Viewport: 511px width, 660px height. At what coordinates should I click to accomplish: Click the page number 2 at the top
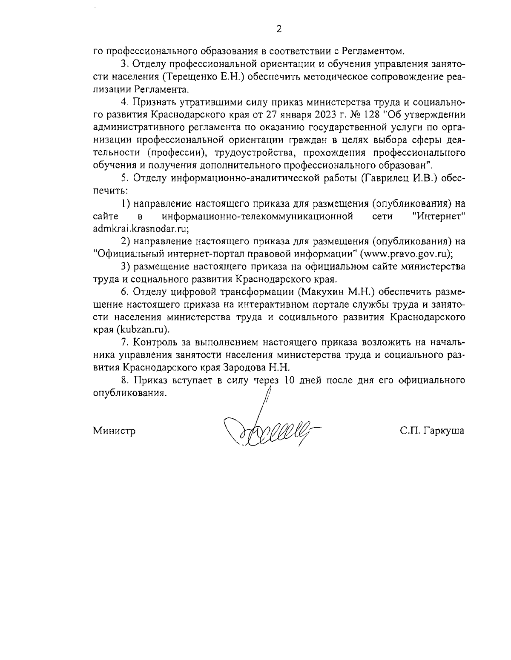pyautogui.click(x=279, y=29)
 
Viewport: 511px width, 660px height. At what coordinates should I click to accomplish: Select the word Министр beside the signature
pyautogui.click(x=114, y=431)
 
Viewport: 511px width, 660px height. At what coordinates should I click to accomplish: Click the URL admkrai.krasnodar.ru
pyautogui.click(x=141, y=229)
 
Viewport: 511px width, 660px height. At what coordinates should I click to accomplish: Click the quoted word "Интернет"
pyautogui.click(x=439, y=216)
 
